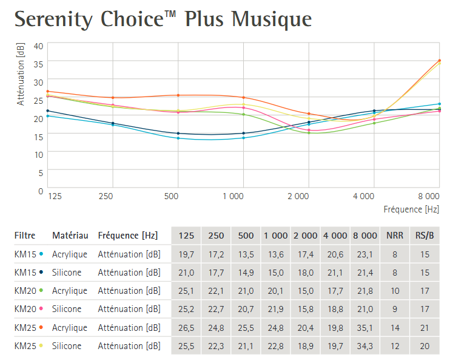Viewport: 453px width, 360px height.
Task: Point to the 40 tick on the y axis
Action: point(38,46)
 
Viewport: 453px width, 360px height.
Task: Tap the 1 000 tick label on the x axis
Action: point(233,197)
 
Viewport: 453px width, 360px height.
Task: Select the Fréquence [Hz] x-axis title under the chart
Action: point(411,209)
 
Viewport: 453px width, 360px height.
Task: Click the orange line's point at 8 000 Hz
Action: point(439,61)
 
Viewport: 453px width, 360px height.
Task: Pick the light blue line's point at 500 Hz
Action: point(178,138)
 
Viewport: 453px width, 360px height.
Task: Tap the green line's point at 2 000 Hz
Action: point(309,132)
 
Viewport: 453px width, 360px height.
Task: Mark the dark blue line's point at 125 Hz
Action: point(48,111)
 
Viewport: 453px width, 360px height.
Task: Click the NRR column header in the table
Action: point(395,236)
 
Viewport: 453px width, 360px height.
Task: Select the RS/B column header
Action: point(424,236)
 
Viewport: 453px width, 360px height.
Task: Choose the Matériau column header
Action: point(70,236)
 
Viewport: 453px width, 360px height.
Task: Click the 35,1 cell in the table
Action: point(366,328)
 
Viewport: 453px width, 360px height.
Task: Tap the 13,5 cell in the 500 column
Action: point(246,254)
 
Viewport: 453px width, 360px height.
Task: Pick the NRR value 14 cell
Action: point(395,328)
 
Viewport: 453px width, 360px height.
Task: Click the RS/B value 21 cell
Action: point(424,328)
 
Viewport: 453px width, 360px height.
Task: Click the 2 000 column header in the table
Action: point(306,236)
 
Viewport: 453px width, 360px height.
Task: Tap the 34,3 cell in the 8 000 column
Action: point(366,346)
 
